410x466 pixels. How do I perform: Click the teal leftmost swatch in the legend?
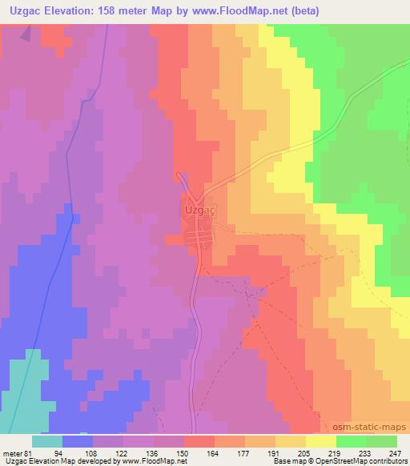click(x=47, y=441)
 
